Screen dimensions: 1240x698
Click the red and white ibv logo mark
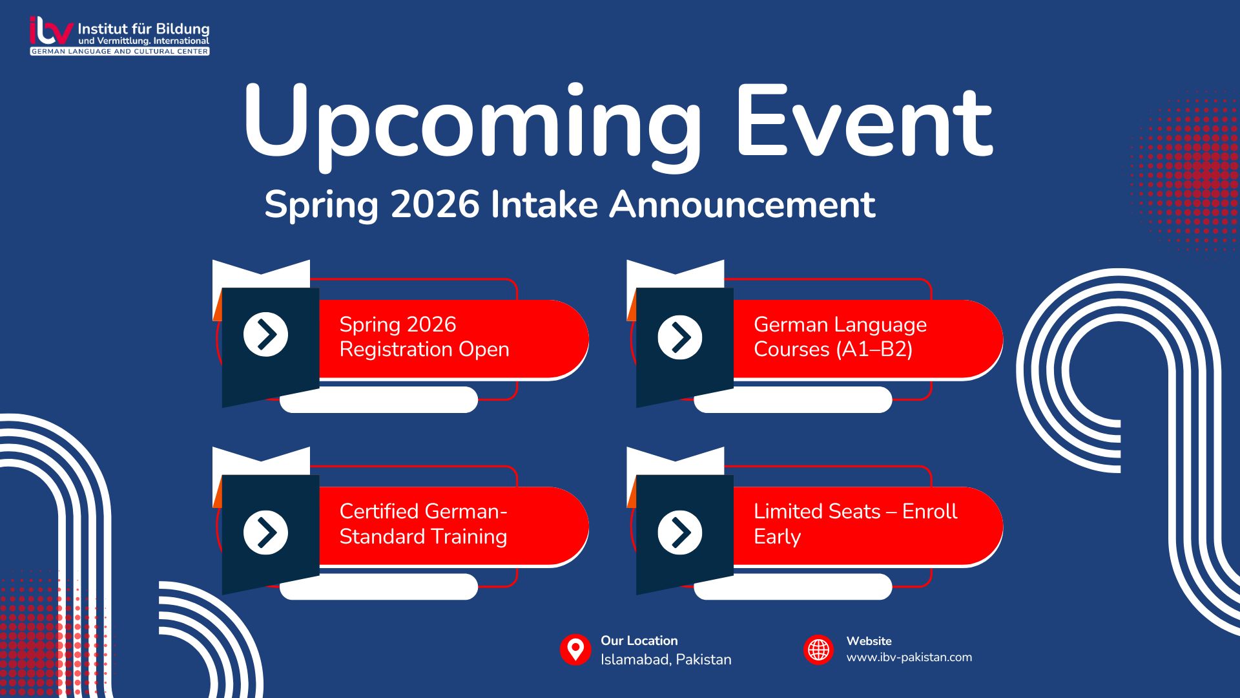click(51, 30)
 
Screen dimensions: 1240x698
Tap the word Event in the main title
click(864, 123)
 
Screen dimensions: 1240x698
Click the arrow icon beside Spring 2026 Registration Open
click(265, 335)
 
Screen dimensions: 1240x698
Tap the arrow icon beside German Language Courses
click(679, 337)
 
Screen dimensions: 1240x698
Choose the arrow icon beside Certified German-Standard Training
click(265, 533)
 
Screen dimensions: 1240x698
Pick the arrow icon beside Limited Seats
click(679, 533)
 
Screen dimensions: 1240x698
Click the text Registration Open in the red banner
click(424, 350)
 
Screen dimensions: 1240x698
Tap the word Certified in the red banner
click(389, 511)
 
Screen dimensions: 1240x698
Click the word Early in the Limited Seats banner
click(777, 537)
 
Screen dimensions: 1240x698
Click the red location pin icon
click(575, 650)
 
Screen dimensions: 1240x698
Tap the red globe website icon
click(818, 650)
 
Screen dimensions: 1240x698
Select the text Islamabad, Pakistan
click(666, 660)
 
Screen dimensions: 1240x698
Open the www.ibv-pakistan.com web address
click(909, 657)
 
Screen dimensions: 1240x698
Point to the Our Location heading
click(639, 640)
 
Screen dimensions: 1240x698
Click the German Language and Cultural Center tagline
click(119, 51)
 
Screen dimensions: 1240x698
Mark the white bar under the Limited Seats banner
click(793, 587)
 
